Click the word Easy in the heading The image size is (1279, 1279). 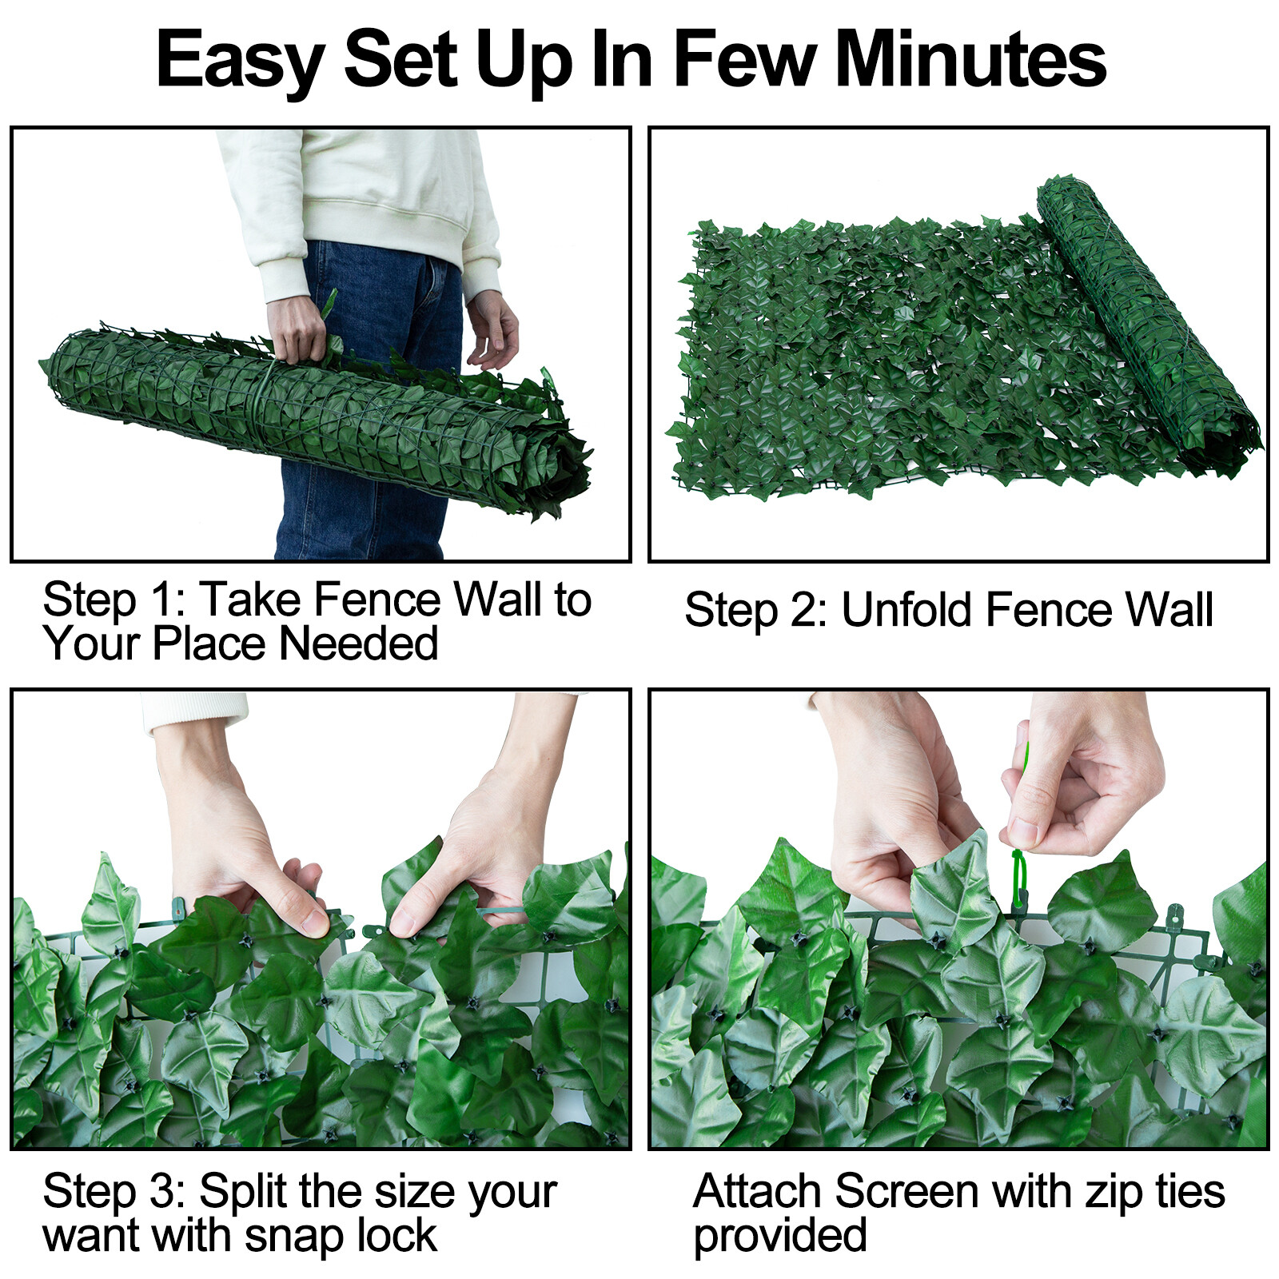240,61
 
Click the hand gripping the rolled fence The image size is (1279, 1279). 297,328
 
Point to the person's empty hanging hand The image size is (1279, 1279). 492,328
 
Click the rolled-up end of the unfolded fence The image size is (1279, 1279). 1143,320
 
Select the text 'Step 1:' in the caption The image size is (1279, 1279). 113,600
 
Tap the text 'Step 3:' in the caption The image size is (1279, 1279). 113,1192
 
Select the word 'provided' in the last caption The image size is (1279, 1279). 779,1236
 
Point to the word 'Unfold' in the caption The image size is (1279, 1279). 907,611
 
